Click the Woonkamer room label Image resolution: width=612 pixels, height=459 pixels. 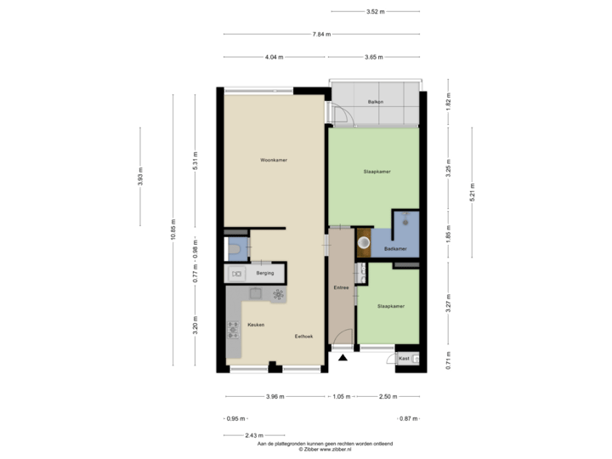[x=274, y=160]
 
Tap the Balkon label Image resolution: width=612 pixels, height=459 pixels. [x=375, y=102]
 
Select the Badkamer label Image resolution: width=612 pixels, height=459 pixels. [x=395, y=248]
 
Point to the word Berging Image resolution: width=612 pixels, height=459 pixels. [x=266, y=274]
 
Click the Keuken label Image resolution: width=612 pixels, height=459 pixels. [x=256, y=326]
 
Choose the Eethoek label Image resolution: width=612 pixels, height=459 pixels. [x=303, y=337]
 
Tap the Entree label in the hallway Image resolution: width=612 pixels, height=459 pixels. [x=342, y=288]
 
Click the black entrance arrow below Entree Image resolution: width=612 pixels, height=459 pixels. [x=343, y=358]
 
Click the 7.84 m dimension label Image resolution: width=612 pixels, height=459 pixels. [x=321, y=34]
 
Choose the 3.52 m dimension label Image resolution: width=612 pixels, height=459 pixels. [x=375, y=12]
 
